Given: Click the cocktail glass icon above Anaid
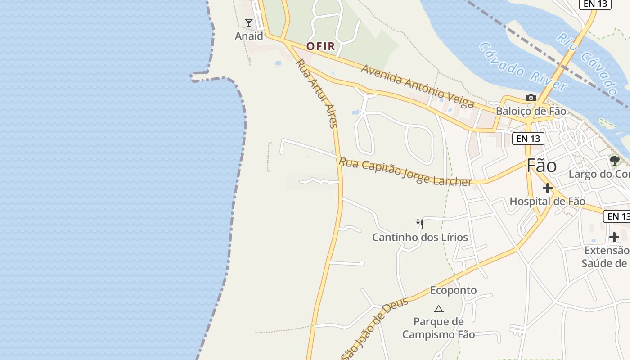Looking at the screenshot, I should pyautogui.click(x=248, y=22).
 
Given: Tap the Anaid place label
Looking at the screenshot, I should pyautogui.click(x=249, y=36).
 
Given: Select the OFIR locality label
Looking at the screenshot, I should pyautogui.click(x=321, y=46).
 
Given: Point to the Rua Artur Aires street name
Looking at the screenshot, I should pyautogui.click(x=316, y=94).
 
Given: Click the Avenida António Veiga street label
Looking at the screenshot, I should pyautogui.click(x=417, y=86).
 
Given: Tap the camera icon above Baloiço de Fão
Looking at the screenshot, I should pyautogui.click(x=531, y=98).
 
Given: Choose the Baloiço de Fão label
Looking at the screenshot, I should pyautogui.click(x=531, y=111).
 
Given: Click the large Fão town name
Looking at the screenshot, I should pyautogui.click(x=541, y=166).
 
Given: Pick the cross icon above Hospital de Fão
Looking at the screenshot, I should pyautogui.click(x=547, y=188).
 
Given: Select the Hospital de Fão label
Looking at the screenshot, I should pyautogui.click(x=547, y=201).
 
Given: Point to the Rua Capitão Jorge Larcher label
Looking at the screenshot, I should pyautogui.click(x=405, y=171).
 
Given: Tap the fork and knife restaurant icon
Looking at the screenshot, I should pyautogui.click(x=420, y=224).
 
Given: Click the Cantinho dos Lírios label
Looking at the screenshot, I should pyautogui.click(x=420, y=237).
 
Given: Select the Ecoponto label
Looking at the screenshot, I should pyautogui.click(x=453, y=290).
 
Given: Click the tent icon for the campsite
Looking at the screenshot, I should pyautogui.click(x=438, y=309).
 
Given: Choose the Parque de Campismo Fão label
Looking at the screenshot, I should pyautogui.click(x=438, y=328).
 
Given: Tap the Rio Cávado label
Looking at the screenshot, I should pyautogui.click(x=588, y=63).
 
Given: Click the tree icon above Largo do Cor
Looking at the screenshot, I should pyautogui.click(x=614, y=160).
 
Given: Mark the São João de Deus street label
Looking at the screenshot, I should pyautogui.click(x=374, y=329).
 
